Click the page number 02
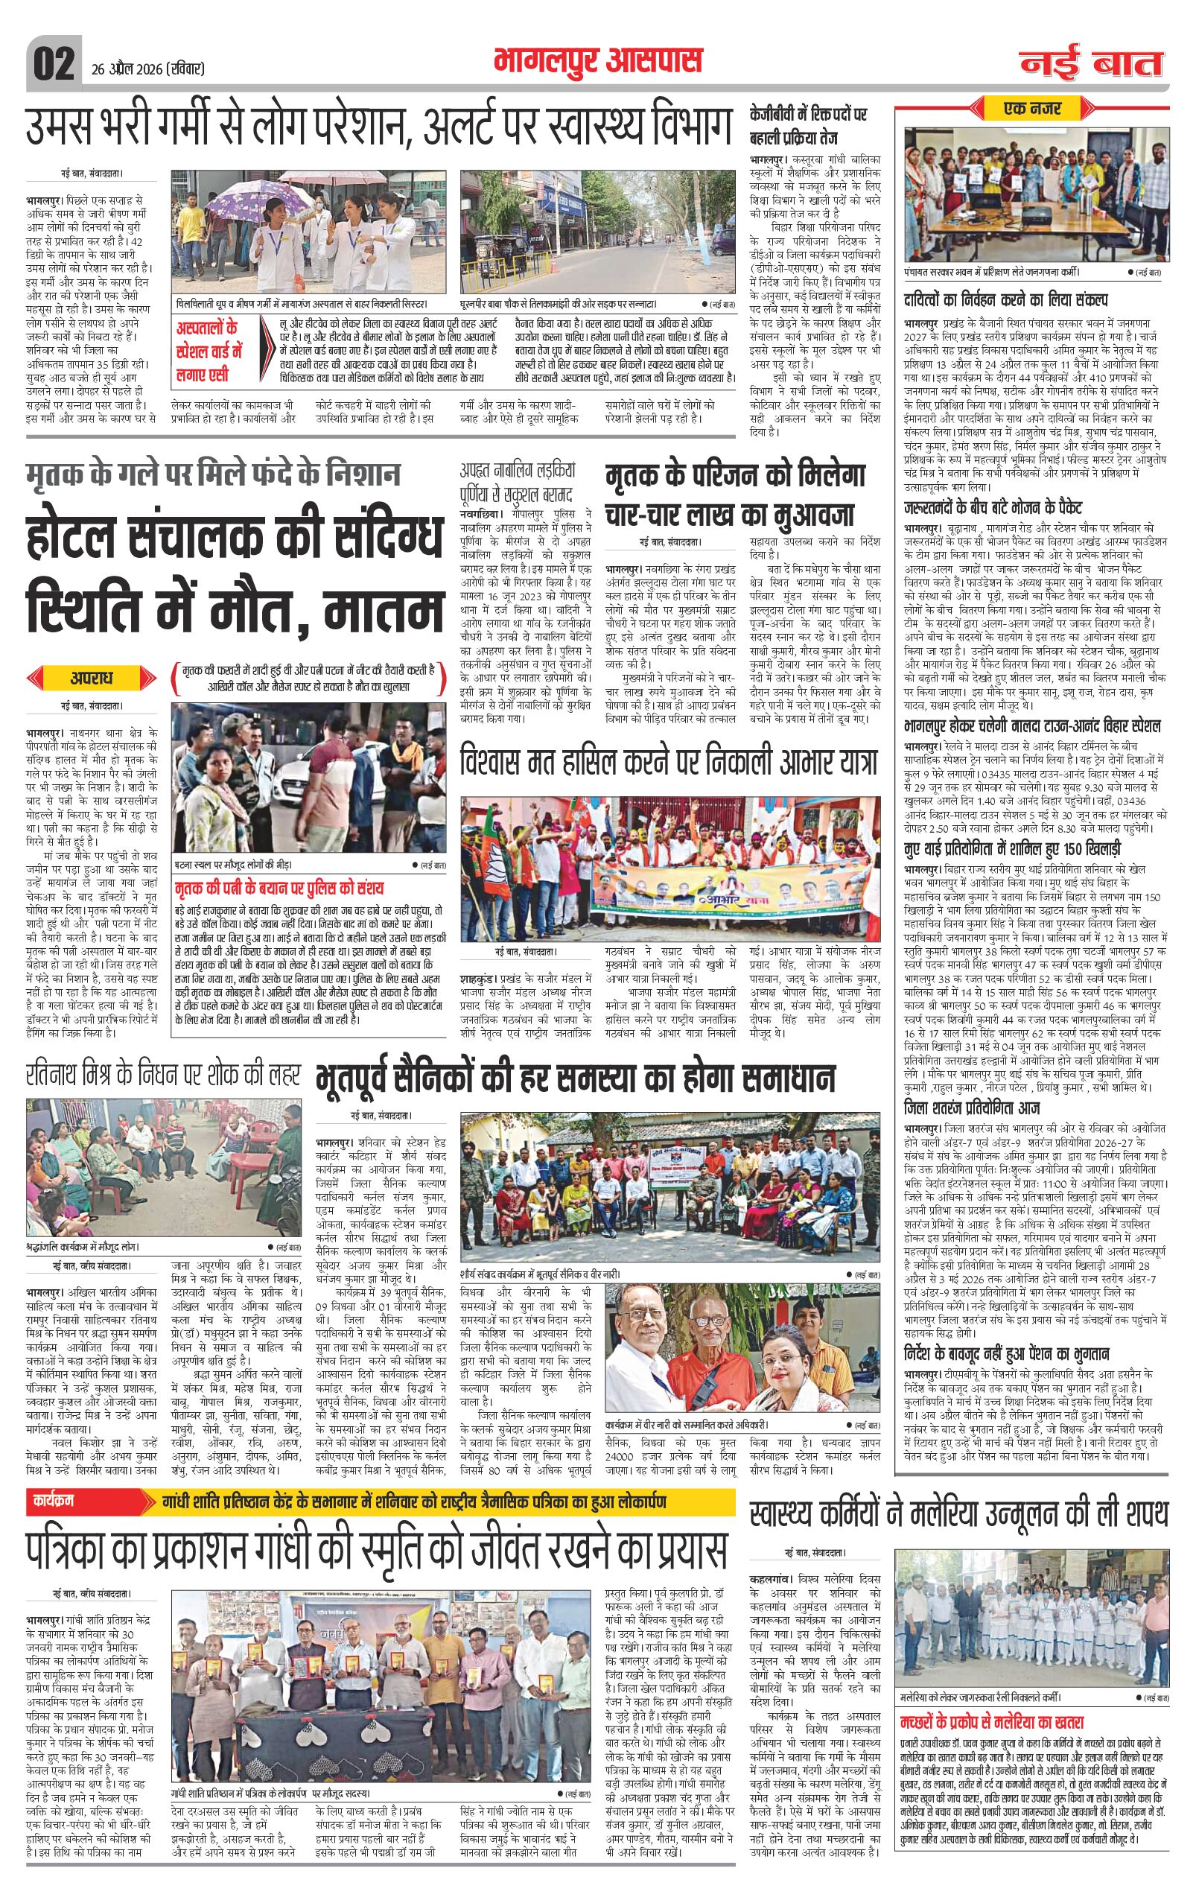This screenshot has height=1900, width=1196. [x=54, y=61]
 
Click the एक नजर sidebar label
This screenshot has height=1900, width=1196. [x=1032, y=108]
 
